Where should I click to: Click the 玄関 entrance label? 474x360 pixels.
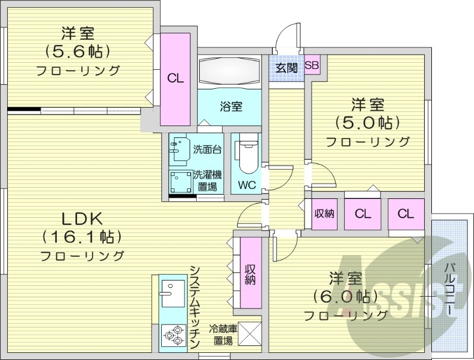(286, 67)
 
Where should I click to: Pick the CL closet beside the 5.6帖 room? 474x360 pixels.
(175, 78)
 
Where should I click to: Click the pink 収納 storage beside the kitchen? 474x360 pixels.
(250, 272)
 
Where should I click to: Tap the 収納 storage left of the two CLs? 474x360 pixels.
(324, 214)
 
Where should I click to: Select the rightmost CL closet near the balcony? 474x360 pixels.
(406, 214)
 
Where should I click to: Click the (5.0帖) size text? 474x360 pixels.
(367, 123)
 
